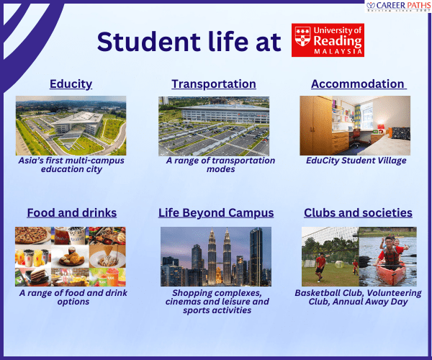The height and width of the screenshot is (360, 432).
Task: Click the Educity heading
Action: tap(71, 84)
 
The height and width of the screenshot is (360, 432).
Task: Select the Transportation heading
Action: tap(214, 84)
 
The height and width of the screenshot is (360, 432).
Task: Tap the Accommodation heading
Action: tap(358, 84)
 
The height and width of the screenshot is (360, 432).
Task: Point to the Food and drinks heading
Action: tap(71, 213)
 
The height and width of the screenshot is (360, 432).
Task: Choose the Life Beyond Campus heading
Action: tap(216, 213)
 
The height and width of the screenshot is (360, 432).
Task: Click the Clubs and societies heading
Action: tap(358, 213)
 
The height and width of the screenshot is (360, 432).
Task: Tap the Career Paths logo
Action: tap(394, 8)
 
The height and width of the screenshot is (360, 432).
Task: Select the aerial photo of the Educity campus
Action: tap(71, 125)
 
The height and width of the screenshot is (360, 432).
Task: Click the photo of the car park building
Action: tap(214, 125)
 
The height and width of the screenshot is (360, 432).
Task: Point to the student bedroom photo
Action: tap(358, 125)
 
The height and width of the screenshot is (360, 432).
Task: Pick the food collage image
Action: tap(71, 256)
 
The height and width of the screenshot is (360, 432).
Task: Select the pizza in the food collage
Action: tap(32, 236)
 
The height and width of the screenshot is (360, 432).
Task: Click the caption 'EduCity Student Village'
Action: tap(358, 161)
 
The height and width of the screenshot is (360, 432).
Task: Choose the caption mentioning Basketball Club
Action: tap(358, 297)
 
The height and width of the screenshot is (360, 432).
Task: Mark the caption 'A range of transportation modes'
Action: tap(220, 165)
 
